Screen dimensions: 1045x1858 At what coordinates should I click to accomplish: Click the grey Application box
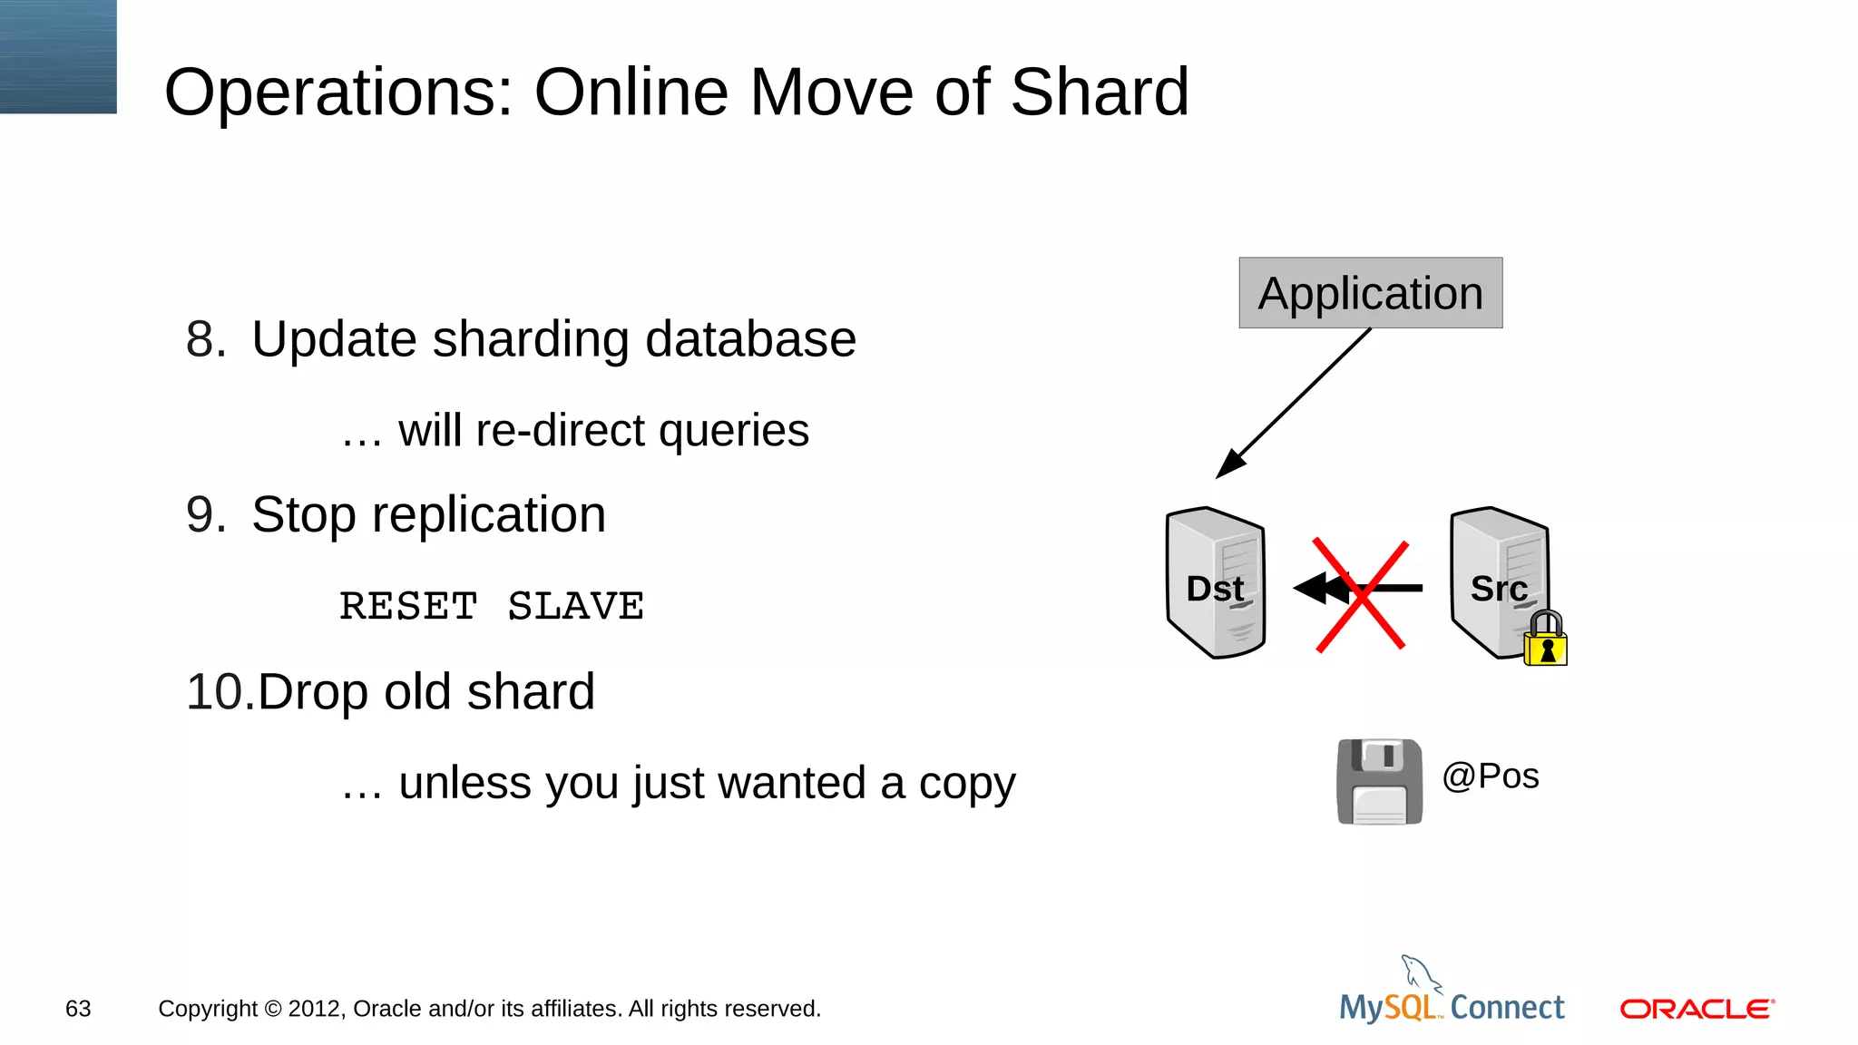pyautogui.click(x=1370, y=293)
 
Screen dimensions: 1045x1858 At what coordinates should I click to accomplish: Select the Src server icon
pyautogui.click(x=1497, y=581)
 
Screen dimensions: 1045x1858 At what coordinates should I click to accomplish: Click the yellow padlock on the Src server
pyautogui.click(x=1546, y=640)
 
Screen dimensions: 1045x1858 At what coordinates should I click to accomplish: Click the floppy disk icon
pyautogui.click(x=1379, y=781)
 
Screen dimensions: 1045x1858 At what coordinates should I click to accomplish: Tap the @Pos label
pyautogui.click(x=1491, y=776)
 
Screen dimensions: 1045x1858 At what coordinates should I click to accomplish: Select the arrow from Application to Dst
pyautogui.click(x=1293, y=404)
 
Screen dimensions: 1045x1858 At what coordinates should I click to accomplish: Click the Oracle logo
pyautogui.click(x=1697, y=1009)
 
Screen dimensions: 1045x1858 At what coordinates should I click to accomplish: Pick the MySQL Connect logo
pyautogui.click(x=1452, y=998)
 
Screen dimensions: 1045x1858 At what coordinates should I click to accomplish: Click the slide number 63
pyautogui.click(x=78, y=1009)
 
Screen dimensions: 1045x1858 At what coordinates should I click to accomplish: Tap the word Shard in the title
pyautogui.click(x=1099, y=93)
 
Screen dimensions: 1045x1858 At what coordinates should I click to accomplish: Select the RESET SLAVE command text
pyautogui.click(x=492, y=606)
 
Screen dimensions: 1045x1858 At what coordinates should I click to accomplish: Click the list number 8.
pyautogui.click(x=205, y=339)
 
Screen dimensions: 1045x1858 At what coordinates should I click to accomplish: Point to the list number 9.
pyautogui.click(x=205, y=515)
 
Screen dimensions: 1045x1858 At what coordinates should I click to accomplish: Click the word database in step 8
pyautogui.click(x=750, y=339)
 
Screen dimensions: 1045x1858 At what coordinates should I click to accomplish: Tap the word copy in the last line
pyautogui.click(x=966, y=784)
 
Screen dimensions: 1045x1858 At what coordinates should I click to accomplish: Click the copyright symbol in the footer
pyautogui.click(x=273, y=1009)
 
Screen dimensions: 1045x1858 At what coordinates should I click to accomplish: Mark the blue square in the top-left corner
pyautogui.click(x=58, y=56)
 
